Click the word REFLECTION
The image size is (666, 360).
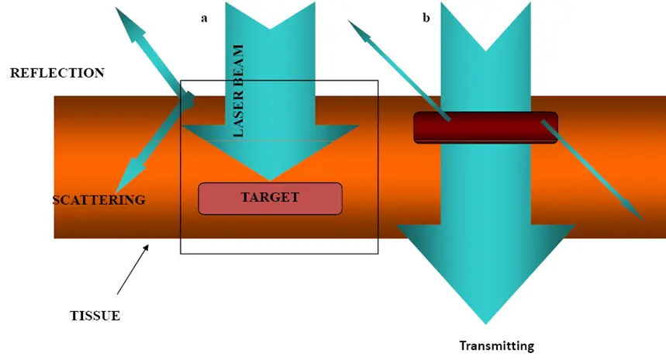[x=57, y=73]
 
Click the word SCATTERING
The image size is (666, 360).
[x=98, y=200]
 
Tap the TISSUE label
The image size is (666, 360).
[x=95, y=316]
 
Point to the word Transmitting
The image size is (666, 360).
[x=497, y=346]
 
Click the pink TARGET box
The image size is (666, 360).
[x=270, y=198]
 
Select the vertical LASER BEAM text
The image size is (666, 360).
[x=238, y=90]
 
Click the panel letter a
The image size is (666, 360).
[x=204, y=18]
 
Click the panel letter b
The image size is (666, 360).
[x=426, y=18]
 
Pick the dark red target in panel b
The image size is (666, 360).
[x=485, y=127]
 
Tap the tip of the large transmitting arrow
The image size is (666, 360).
[x=486, y=323]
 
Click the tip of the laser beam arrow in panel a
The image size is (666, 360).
[x=269, y=180]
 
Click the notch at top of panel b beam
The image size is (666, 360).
[x=486, y=50]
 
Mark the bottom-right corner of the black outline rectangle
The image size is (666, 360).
[x=378, y=254]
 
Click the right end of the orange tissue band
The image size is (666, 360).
[x=664, y=167]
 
